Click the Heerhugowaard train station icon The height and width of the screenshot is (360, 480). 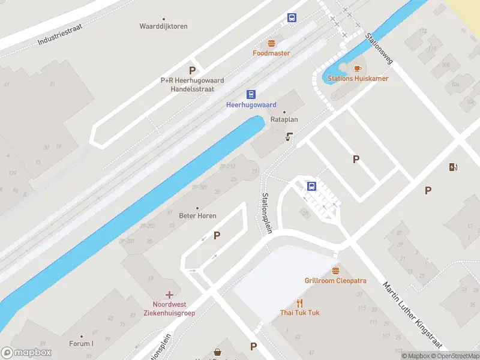251,94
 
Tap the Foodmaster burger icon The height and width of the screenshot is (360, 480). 271,43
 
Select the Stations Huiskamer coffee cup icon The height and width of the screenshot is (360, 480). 358,68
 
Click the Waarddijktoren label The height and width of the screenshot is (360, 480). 163,26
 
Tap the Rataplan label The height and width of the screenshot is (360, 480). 284,119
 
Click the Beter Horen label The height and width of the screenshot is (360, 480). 198,215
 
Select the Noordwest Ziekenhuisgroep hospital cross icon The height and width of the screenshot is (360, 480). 170,294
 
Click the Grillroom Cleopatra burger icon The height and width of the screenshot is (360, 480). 335,270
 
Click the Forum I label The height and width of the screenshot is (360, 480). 81,344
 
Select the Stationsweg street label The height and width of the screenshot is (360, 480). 379,49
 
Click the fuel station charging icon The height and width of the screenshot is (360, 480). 452,167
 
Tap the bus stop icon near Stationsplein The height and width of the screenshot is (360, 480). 311,186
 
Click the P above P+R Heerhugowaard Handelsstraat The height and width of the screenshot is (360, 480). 193,70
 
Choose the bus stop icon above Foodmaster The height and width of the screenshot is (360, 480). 292,18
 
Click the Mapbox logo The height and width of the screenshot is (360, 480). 26,353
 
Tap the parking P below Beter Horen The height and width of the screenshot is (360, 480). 217,236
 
